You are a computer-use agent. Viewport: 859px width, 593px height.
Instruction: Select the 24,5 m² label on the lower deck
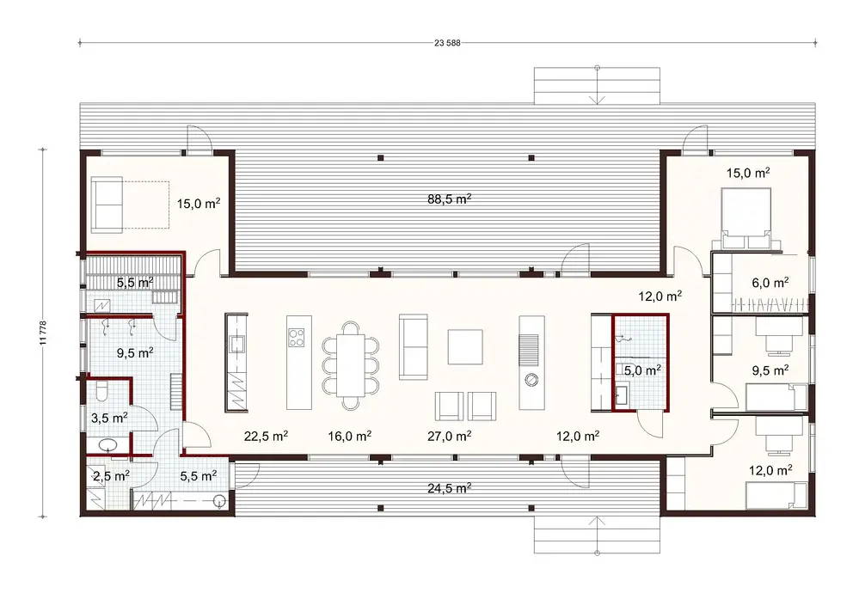[x=450, y=488]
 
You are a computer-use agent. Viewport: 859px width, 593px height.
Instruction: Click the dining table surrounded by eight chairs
[x=350, y=364]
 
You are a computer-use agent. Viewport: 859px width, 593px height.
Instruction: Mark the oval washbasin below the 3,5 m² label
[x=109, y=446]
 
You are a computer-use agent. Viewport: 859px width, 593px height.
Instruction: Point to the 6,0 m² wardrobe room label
[x=770, y=282]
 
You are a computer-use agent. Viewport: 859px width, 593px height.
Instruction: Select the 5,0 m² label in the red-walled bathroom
[x=641, y=371]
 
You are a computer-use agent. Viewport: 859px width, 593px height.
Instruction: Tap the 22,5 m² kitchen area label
[x=265, y=436]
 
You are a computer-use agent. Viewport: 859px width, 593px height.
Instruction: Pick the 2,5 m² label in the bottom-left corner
[x=110, y=474]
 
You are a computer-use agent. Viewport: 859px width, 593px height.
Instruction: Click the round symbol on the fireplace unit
[x=531, y=379]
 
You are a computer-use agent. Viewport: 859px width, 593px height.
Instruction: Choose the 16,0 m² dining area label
[x=350, y=436]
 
